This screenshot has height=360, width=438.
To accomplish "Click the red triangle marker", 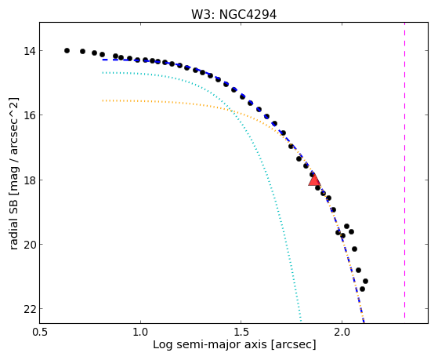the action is (x=314, y=180).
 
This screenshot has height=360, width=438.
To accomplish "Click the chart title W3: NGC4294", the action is (x=233, y=15).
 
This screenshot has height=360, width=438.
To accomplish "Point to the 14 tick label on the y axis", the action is (x=30, y=51).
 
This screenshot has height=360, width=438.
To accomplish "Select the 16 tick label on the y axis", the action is (x=30, y=115).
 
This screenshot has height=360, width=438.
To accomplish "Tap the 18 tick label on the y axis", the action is (x=30, y=180).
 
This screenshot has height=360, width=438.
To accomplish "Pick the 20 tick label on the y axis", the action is (x=30, y=244).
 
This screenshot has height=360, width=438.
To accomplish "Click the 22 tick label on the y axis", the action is (x=30, y=309).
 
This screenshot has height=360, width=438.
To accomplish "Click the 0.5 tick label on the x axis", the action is (x=40, y=332).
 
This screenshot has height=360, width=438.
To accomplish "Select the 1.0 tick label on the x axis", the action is (x=140, y=332).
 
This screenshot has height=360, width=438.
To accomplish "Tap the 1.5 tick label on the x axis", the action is (x=241, y=332).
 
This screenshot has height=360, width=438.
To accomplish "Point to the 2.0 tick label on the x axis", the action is (x=342, y=332).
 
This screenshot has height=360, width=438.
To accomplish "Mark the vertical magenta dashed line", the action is (x=404, y=170).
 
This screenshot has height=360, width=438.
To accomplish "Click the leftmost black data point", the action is (x=67, y=51).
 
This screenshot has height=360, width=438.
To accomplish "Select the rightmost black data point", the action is (x=365, y=281).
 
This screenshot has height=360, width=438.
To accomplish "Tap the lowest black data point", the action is (x=362, y=289).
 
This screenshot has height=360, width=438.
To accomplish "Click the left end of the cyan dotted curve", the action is (x=103, y=73).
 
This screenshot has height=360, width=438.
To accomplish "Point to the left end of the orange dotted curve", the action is (x=103, y=100).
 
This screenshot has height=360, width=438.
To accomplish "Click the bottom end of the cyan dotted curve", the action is (x=301, y=321).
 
